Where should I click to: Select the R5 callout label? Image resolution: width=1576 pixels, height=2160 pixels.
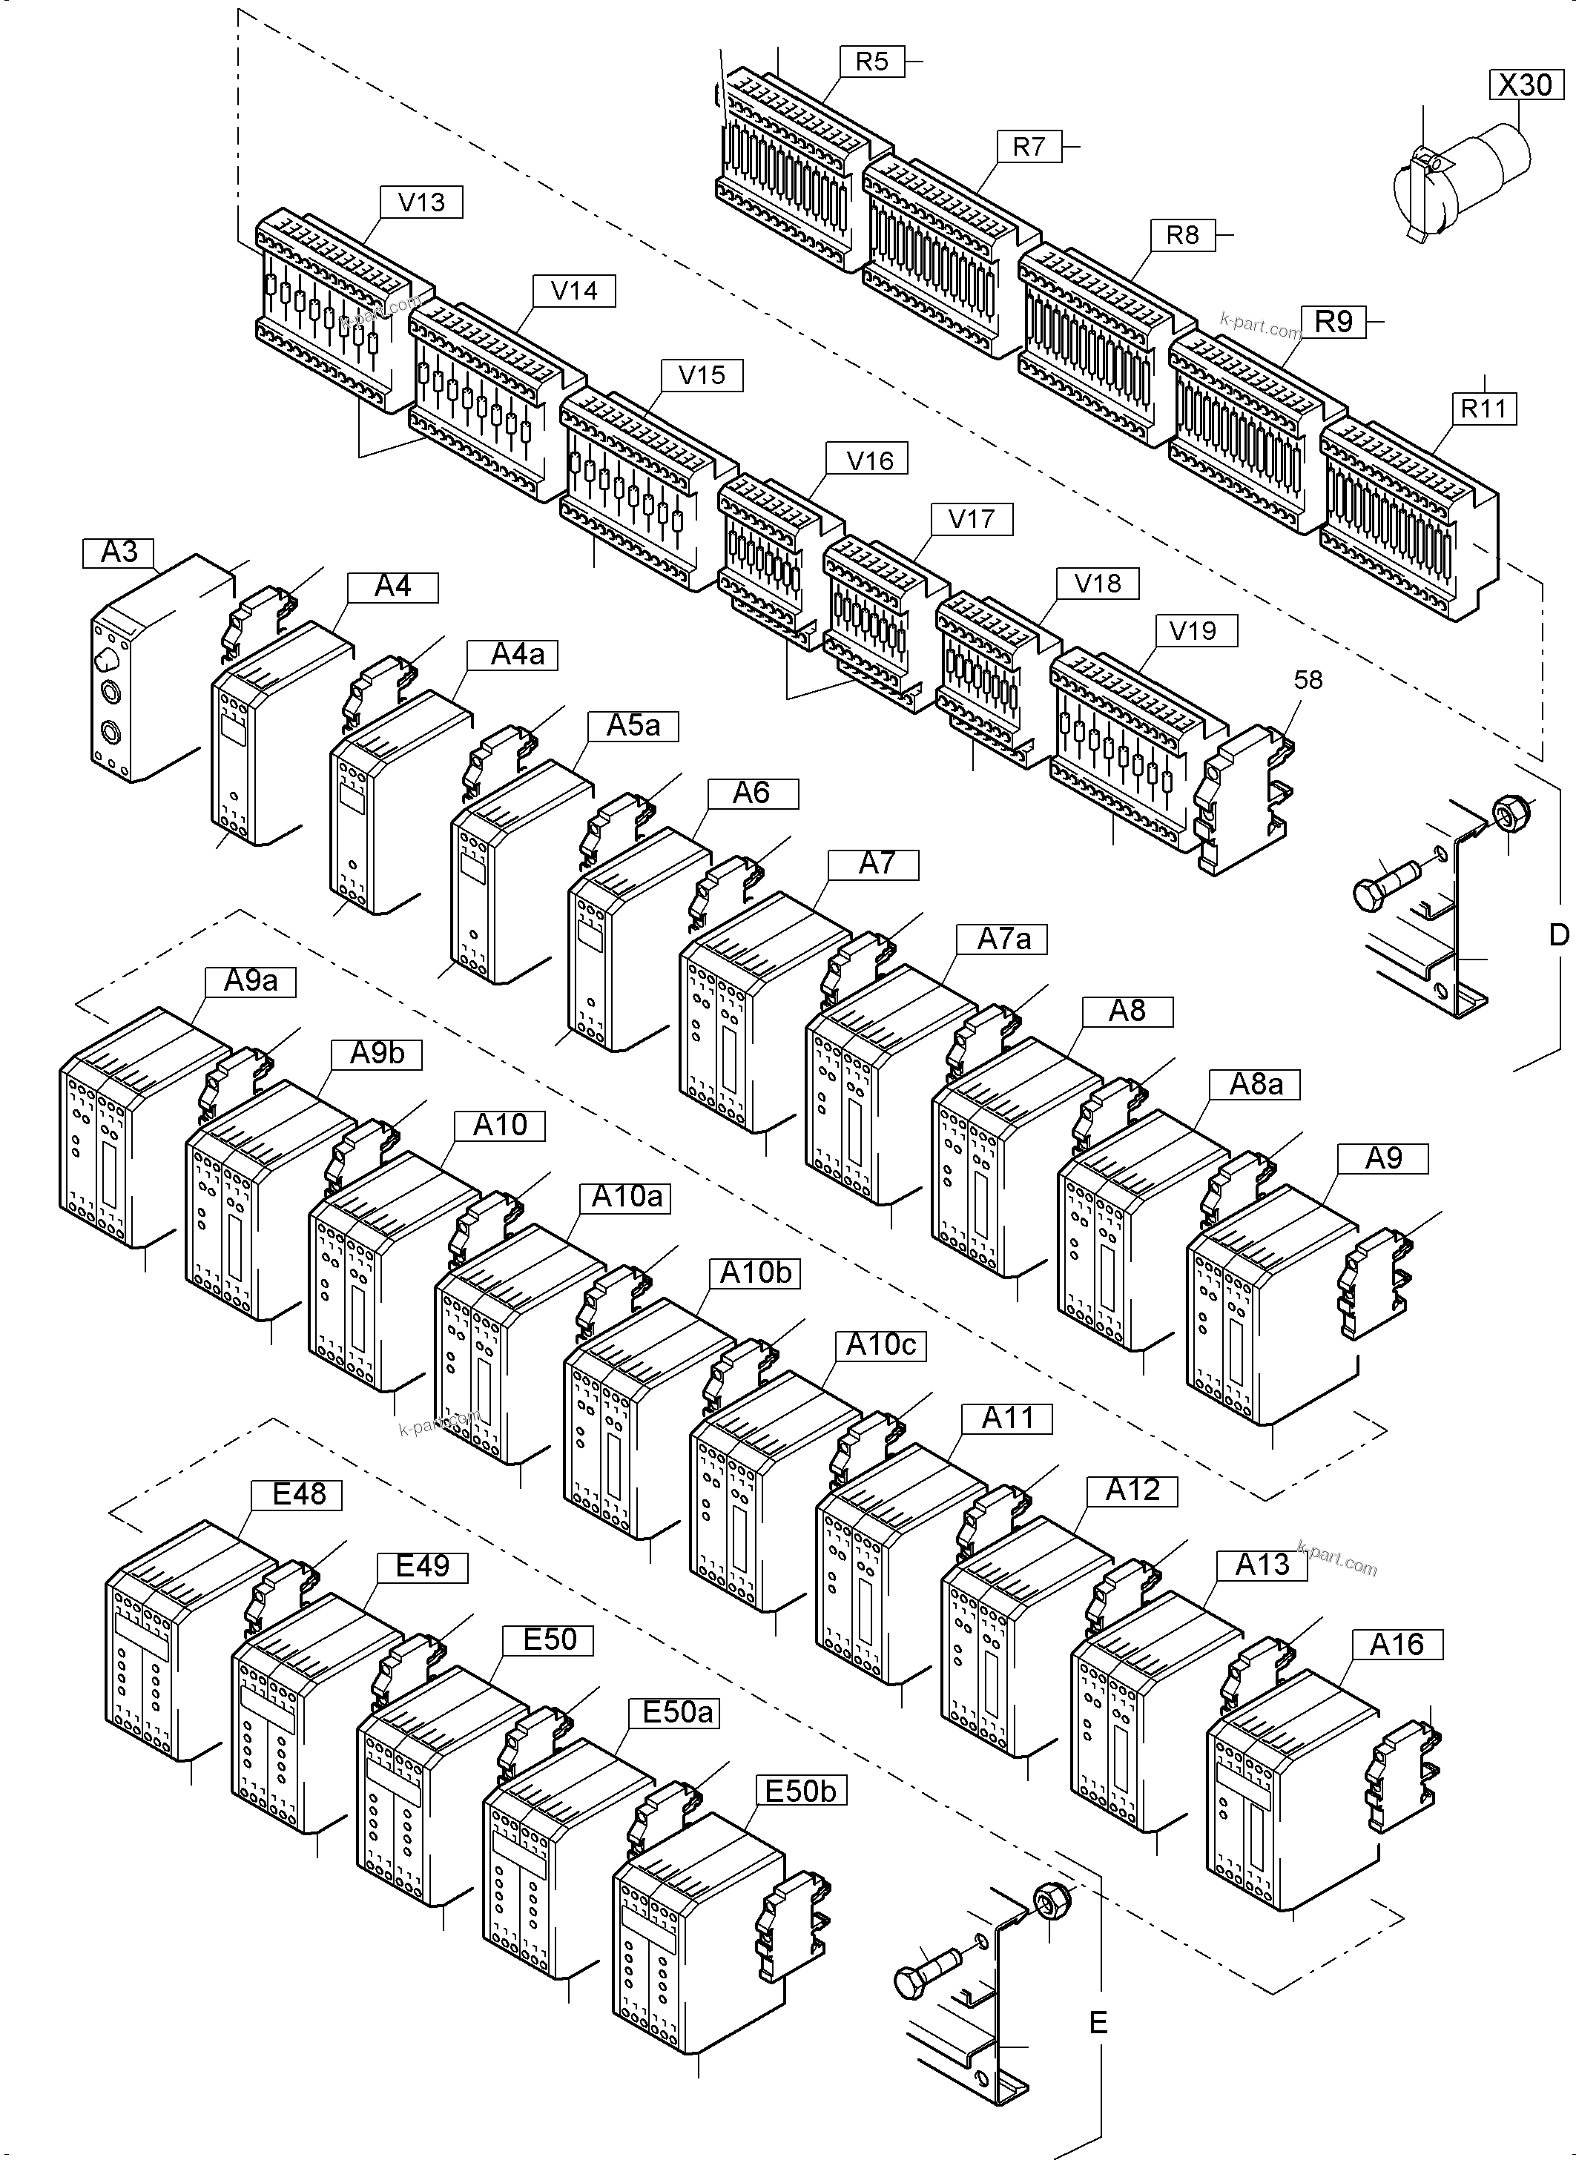(871, 62)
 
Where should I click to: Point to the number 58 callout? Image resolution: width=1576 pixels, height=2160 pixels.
(1308, 680)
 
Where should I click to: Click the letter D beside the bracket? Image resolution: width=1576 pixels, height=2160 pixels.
(1558, 936)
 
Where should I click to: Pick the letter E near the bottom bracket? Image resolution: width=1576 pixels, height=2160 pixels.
(1098, 2022)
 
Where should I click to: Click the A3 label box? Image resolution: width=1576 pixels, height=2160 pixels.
(119, 552)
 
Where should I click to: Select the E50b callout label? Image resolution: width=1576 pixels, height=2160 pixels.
(800, 1791)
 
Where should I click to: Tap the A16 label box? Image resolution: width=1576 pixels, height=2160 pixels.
(1397, 1645)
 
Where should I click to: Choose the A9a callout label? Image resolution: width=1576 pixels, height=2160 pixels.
(250, 981)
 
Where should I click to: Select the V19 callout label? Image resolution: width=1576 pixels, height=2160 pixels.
(1193, 630)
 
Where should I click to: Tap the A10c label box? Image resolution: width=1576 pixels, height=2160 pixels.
(880, 1344)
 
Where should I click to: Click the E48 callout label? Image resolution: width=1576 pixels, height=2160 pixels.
(299, 1494)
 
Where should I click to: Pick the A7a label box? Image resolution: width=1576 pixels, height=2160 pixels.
(1003, 939)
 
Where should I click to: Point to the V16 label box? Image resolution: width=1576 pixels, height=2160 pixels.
(869, 460)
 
